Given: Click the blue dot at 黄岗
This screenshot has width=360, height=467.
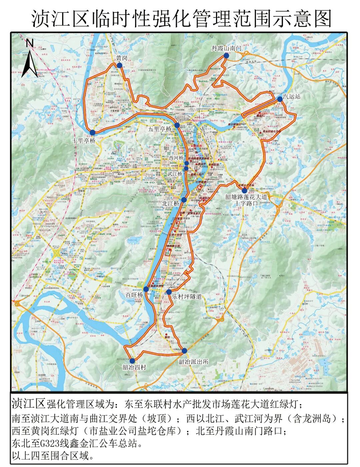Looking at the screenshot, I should (x=119, y=66).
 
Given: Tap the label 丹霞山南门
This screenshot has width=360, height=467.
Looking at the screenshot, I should (x=226, y=49).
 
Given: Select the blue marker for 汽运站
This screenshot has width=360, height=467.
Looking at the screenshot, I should (x=280, y=99).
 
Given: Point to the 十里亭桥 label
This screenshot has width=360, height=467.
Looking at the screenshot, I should (x=84, y=141).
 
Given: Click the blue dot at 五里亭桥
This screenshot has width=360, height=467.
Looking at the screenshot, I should (x=177, y=125).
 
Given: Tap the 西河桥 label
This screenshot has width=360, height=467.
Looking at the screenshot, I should (x=176, y=157).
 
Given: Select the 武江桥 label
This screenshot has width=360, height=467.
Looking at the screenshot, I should (x=175, y=174).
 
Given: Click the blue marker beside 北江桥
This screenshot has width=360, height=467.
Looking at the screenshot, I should (x=184, y=200).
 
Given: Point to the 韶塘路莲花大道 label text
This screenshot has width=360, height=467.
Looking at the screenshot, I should (x=246, y=197).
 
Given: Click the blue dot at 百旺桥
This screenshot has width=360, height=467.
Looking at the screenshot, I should (x=146, y=289).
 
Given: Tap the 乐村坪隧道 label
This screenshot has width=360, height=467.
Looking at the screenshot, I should (x=187, y=296).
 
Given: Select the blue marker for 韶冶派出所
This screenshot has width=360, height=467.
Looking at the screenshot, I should (x=184, y=350).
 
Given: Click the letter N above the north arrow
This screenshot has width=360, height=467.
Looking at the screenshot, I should (x=29, y=43).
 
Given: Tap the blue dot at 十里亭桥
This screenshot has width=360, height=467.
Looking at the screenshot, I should (x=92, y=132).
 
